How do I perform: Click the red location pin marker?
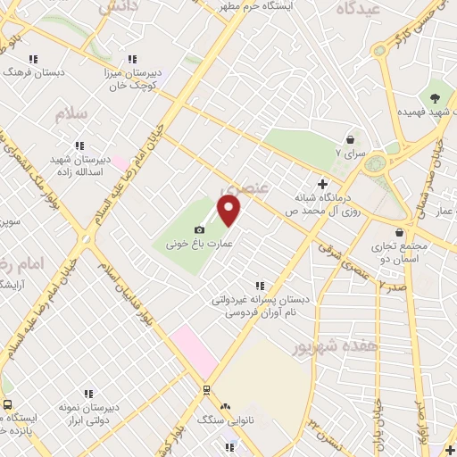[229, 212]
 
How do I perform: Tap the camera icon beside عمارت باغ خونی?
[199, 230]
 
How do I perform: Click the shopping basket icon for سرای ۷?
[349, 139]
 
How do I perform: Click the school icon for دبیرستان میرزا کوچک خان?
[133, 59]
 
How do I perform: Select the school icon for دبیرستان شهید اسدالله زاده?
[79, 145]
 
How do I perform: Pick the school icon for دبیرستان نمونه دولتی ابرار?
[87, 393]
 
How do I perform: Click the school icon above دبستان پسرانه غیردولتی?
[260, 284]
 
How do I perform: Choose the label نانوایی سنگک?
[220, 420]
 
